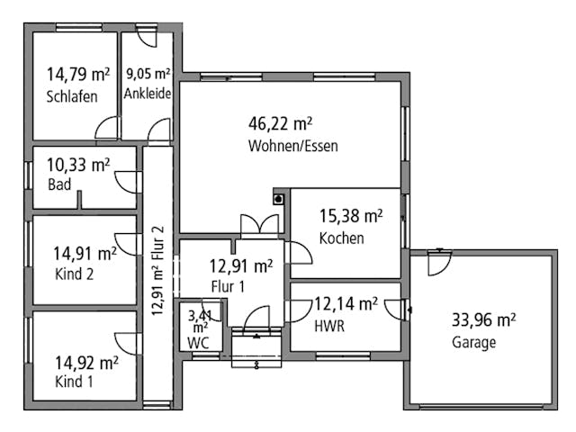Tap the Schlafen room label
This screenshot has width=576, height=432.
(x=71, y=97)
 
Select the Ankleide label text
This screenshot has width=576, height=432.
(x=148, y=94)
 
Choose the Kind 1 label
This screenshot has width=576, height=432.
(x=75, y=382)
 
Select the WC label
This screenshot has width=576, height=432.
(x=198, y=343)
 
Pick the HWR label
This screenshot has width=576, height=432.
(x=329, y=326)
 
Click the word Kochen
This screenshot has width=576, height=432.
(x=341, y=238)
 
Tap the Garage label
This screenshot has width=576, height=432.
(x=473, y=342)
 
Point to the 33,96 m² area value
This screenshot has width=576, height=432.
(x=482, y=319)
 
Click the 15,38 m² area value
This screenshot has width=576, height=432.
(x=351, y=216)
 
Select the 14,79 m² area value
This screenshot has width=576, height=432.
(x=78, y=76)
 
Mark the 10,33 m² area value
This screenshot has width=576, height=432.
(x=78, y=165)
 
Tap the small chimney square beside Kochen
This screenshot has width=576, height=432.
(x=279, y=198)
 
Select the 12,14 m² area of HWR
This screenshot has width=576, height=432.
(x=345, y=304)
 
